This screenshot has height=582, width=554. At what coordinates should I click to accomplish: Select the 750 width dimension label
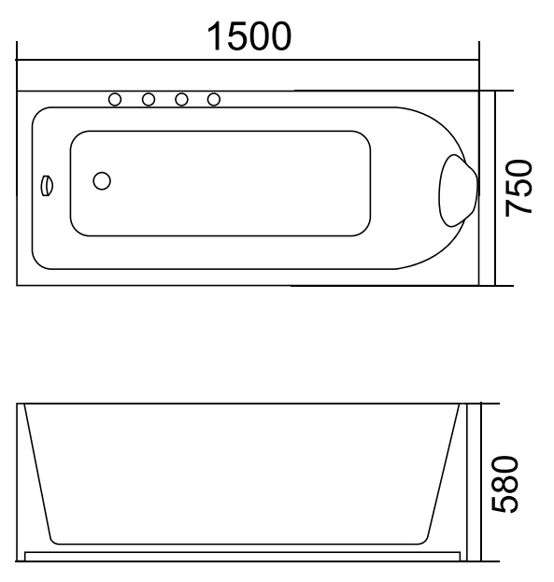(x=520, y=188)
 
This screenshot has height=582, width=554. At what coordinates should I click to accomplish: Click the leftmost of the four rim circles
(x=116, y=99)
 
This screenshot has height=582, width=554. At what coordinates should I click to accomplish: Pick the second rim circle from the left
(x=149, y=99)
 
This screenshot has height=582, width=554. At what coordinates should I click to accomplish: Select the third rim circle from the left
(x=181, y=99)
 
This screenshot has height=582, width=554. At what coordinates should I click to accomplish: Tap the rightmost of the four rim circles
(x=214, y=99)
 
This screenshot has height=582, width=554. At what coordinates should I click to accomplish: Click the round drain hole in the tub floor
(x=103, y=181)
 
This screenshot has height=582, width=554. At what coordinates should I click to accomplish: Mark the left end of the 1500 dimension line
(x=19, y=62)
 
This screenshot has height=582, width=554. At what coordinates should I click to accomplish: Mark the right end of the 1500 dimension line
(x=478, y=62)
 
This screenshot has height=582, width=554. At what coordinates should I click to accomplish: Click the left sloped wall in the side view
(x=36, y=472)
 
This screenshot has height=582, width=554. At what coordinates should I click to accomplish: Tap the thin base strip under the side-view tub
(x=243, y=554)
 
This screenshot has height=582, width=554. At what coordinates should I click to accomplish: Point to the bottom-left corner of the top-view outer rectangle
(x=19, y=285)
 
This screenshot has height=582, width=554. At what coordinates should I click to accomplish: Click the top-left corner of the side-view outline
(x=19, y=405)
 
